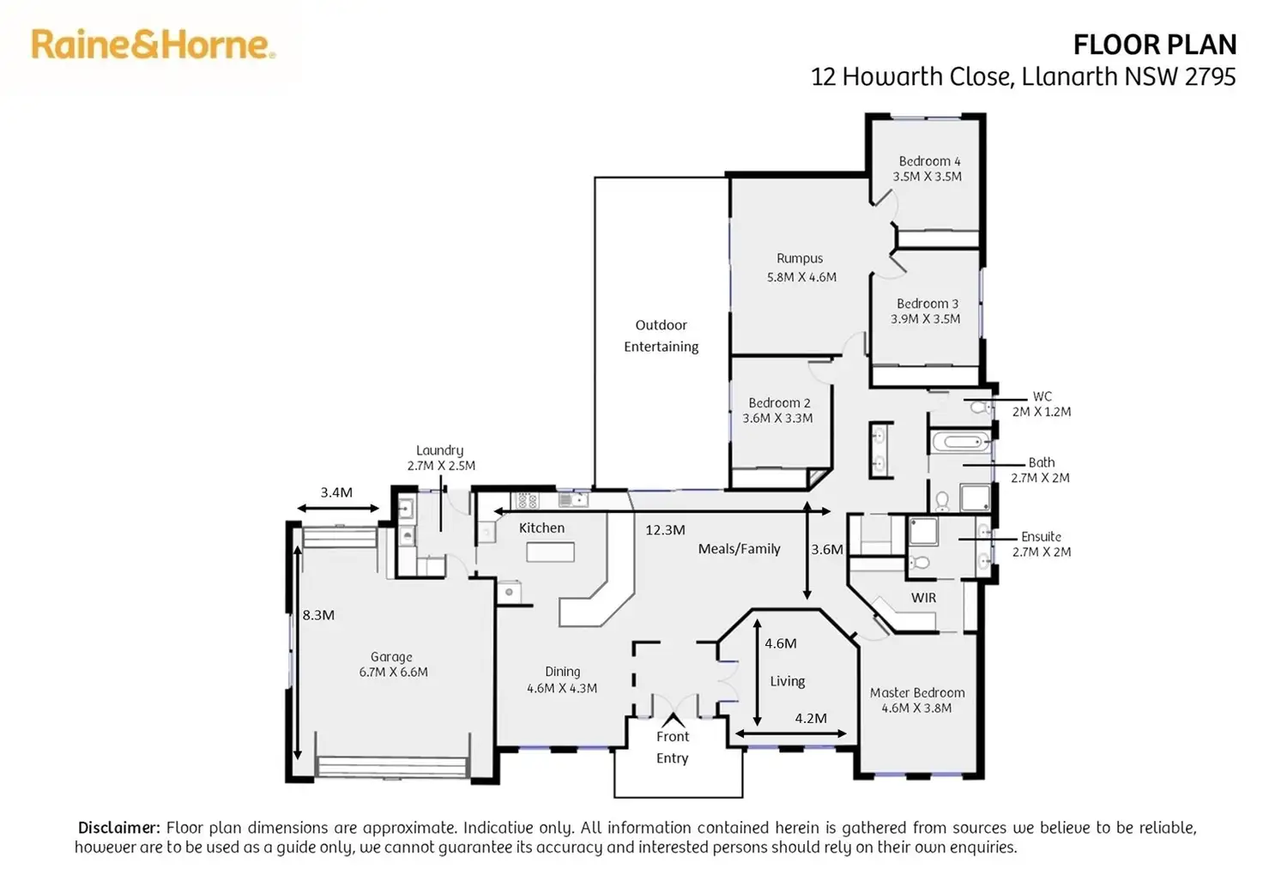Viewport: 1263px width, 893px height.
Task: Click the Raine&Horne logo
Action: [153, 45]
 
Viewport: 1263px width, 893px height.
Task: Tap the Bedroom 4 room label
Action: [929, 161]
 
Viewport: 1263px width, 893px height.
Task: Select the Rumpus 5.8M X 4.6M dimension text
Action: [801, 277]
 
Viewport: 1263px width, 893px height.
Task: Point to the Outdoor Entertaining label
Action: [661, 335]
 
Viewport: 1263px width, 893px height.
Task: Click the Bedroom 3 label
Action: [927, 304]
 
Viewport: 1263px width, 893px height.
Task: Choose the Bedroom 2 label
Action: [778, 403]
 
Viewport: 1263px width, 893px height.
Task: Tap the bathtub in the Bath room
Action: [959, 443]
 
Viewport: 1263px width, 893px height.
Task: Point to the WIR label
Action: [923, 598]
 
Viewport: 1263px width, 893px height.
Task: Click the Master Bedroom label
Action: [917, 693]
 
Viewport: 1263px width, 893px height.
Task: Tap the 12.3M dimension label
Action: [665, 530]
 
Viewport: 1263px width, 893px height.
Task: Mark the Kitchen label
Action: [541, 528]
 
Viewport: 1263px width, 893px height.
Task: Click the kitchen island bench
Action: [550, 552]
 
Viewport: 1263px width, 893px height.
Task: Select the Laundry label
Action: [439, 450]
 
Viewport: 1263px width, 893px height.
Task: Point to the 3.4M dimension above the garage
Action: [336, 492]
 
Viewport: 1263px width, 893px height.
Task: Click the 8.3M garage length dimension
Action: [318, 615]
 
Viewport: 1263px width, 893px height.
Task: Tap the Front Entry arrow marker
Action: [674, 719]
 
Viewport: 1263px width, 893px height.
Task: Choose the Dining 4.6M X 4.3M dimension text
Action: [562, 688]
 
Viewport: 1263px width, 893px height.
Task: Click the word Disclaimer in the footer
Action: [118, 828]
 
